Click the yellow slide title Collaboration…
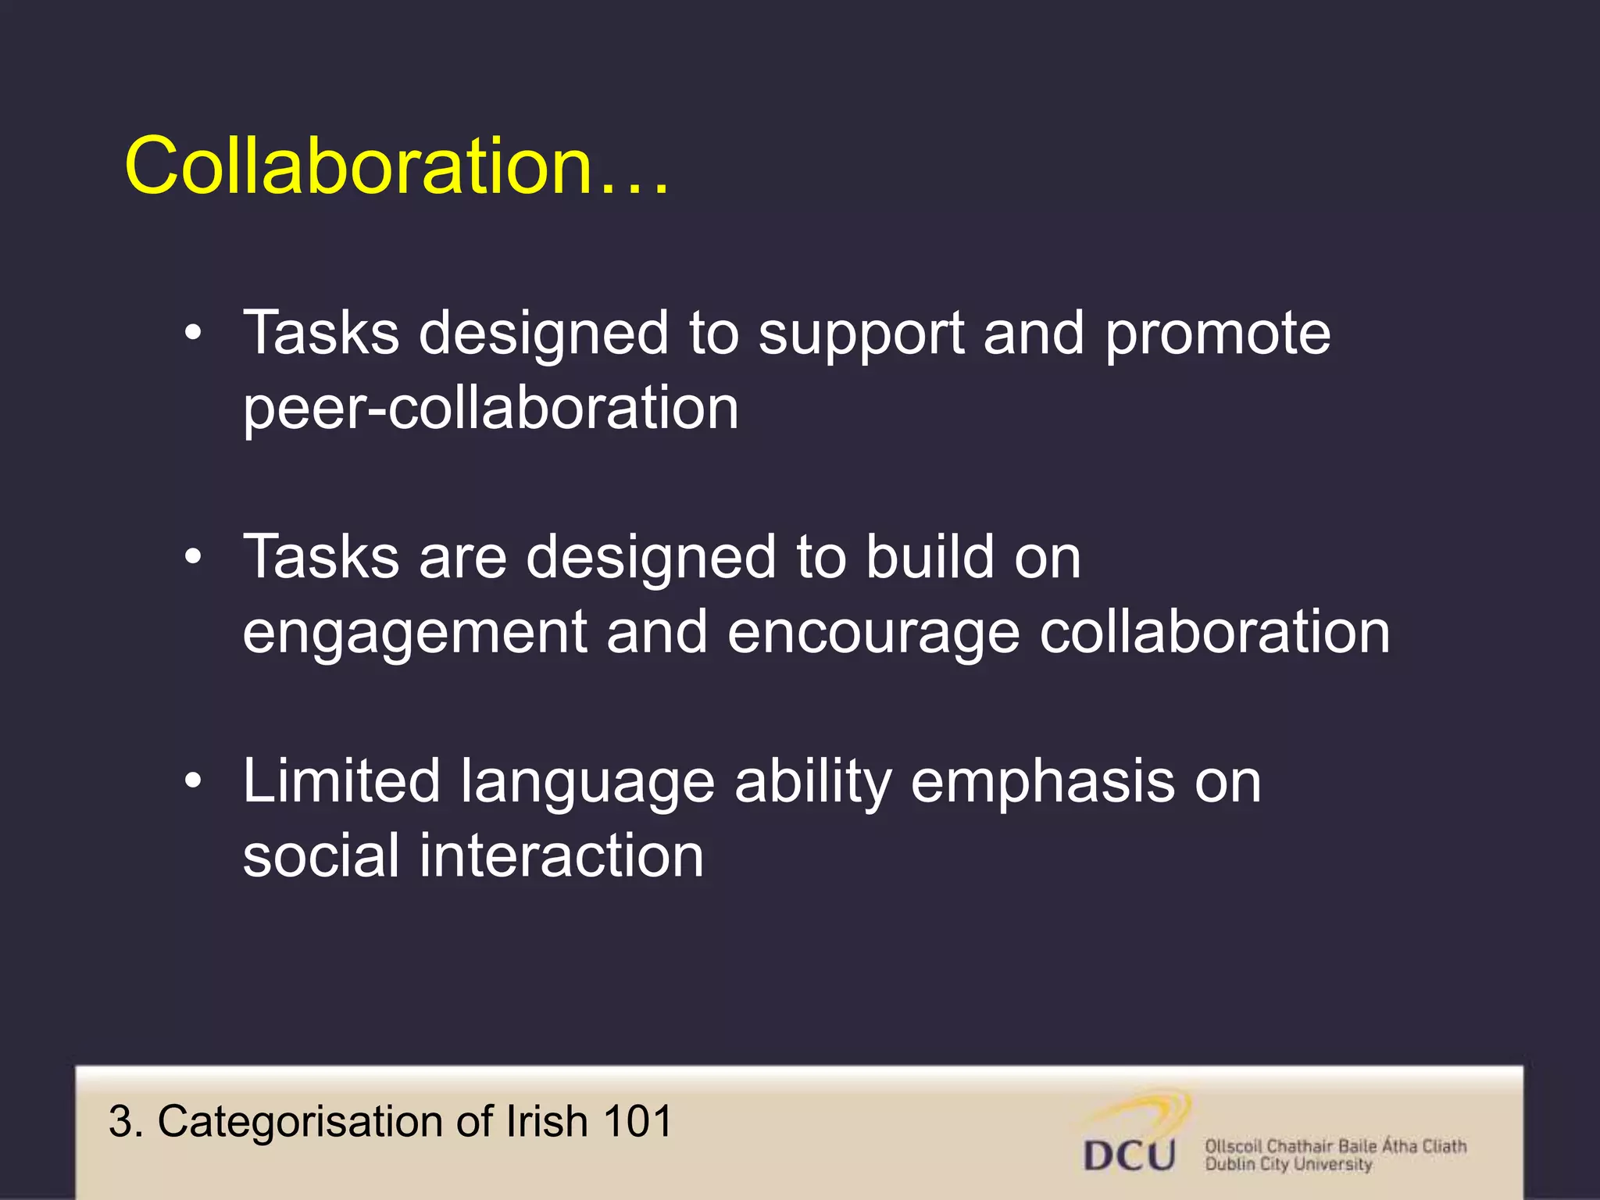(397, 166)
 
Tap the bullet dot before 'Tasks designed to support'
(193, 334)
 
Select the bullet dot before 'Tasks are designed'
(193, 558)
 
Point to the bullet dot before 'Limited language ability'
(193, 780)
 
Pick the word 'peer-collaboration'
(491, 408)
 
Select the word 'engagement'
(414, 633)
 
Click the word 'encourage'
(873, 633)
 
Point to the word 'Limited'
(341, 780)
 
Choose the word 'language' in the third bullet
(587, 782)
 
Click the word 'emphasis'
(1041, 780)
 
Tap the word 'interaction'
(562, 855)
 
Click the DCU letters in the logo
(1129, 1155)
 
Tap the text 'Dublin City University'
(1288, 1164)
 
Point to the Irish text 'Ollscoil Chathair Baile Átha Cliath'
(1335, 1145)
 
